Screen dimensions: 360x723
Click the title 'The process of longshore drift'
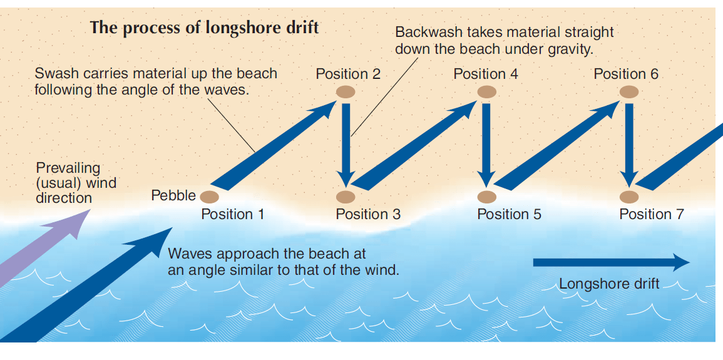204,28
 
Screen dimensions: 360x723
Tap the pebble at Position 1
209,197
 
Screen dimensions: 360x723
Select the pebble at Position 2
346,92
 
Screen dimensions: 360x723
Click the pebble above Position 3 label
346,198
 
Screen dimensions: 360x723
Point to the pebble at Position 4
486,92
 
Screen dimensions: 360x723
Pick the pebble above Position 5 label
486,198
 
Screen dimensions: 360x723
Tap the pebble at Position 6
629,92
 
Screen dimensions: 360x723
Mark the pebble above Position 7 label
629,198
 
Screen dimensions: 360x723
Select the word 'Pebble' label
173,196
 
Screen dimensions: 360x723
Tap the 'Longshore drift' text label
608,284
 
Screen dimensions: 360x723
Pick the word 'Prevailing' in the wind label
68,168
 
